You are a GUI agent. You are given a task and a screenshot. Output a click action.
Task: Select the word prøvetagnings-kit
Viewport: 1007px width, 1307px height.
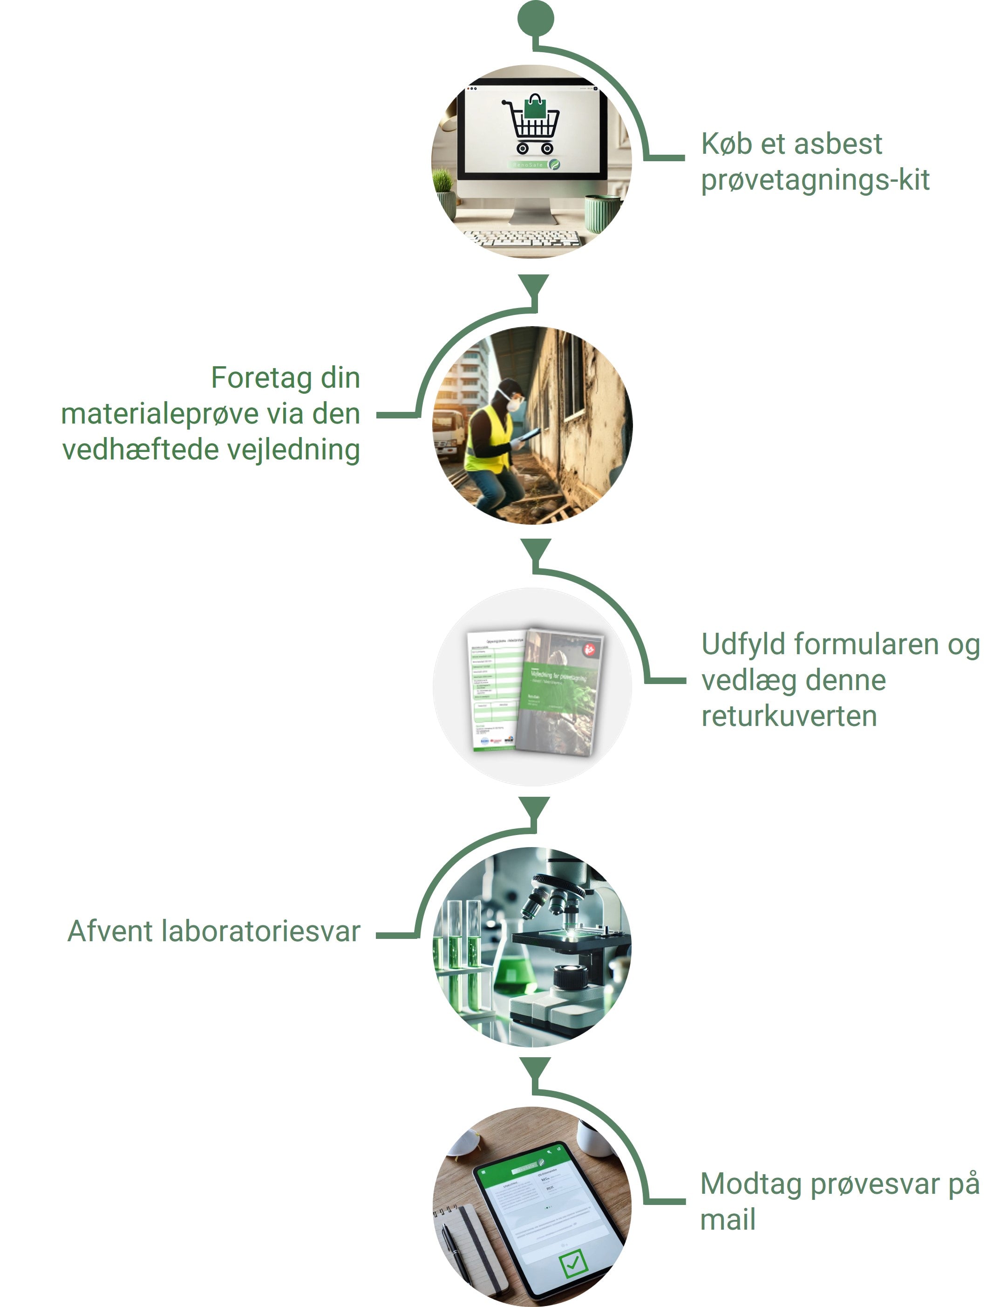(x=815, y=180)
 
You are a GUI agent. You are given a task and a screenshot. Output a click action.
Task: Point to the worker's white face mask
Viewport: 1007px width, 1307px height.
(x=513, y=404)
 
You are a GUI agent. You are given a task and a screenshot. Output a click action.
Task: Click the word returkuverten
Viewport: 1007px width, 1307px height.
(x=789, y=716)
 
